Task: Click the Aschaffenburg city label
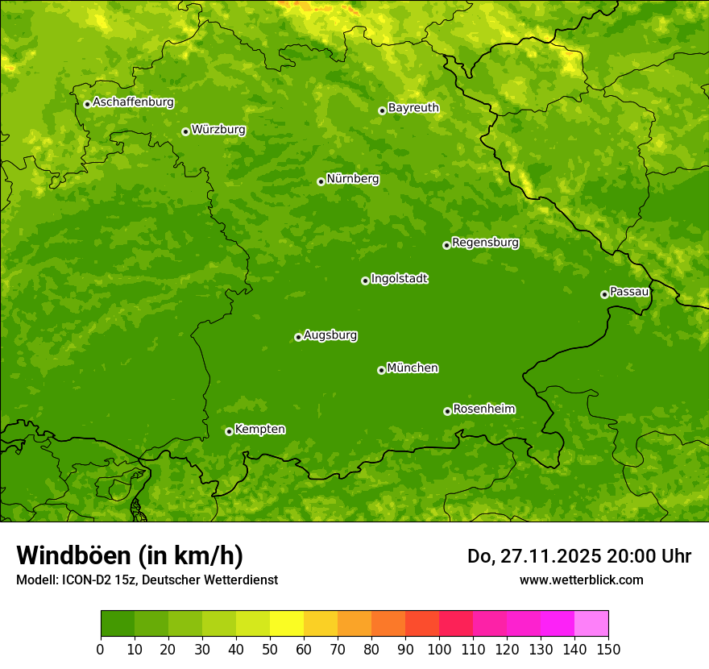coord(133,102)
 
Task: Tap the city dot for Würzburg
coord(185,131)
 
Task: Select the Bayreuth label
coord(413,108)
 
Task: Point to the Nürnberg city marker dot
coord(321,181)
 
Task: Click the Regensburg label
coord(485,243)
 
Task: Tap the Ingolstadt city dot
coord(365,280)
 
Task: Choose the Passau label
coord(629,292)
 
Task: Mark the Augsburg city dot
coord(298,337)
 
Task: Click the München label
coord(413,368)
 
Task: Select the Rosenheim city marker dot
coord(447,411)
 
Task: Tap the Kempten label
coord(259,430)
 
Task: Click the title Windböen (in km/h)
coord(129,555)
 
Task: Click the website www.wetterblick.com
coord(581,580)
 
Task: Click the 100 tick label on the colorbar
coord(439,649)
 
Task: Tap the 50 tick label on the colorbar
coord(270,649)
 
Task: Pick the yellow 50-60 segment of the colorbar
coord(287,624)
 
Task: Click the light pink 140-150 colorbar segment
coord(591,624)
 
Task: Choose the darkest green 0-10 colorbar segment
coord(118,624)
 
